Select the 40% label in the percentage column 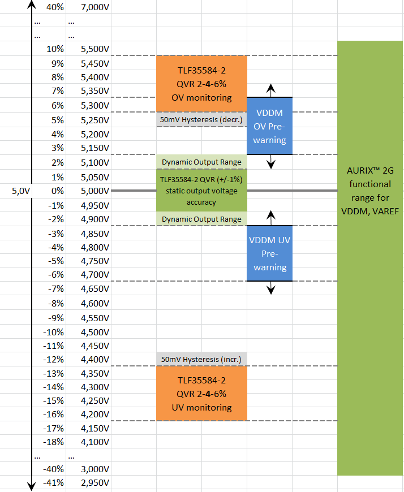(55, 7)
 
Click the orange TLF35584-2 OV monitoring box (201, 83)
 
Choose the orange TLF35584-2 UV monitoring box (201, 393)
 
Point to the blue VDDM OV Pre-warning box (269, 126)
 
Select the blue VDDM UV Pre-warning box (269, 253)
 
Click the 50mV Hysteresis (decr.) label (201, 120)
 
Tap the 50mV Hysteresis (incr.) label (201, 359)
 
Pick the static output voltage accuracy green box (201, 191)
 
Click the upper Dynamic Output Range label (201, 162)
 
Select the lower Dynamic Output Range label (201, 219)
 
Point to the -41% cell (54, 484)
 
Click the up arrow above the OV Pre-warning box (271, 89)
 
